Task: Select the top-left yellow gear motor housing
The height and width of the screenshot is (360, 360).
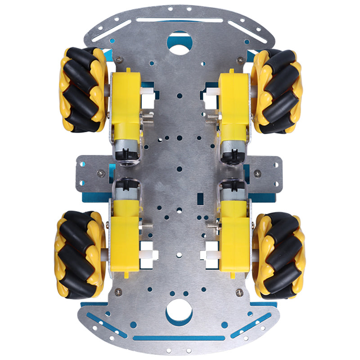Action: coord(126,101)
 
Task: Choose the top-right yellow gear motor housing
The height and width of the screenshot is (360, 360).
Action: coord(234,101)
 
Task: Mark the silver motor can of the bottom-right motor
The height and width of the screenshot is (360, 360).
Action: coord(233,191)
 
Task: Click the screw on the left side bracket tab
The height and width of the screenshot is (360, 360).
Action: coord(100,172)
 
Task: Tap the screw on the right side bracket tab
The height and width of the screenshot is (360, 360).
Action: coord(257,173)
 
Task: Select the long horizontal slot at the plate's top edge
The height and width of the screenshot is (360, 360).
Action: coord(180,20)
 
